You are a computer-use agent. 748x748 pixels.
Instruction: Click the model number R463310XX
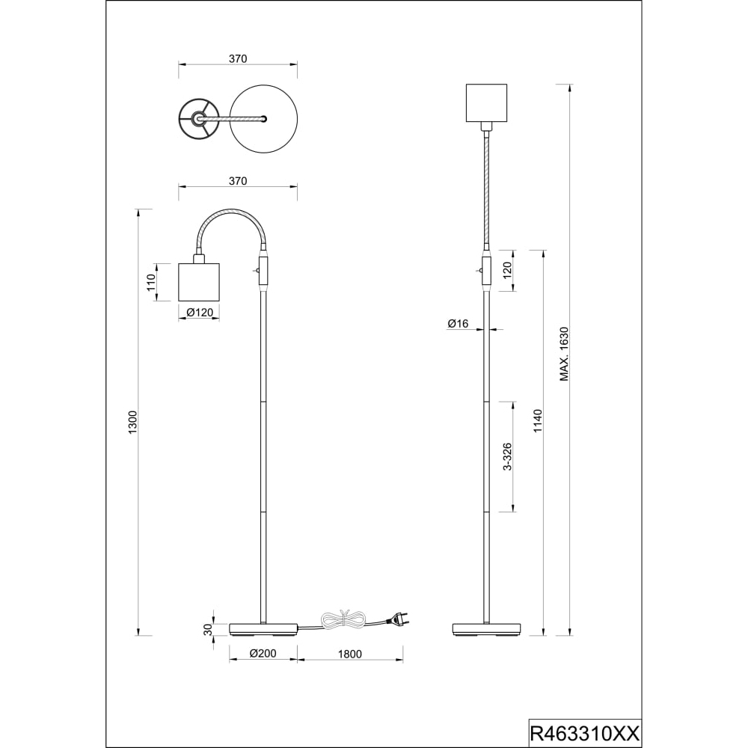(584, 732)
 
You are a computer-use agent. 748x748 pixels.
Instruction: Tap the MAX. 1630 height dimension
(564, 354)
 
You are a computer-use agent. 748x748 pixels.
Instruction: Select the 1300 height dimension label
(132, 422)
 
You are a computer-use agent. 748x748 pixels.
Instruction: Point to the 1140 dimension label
(538, 420)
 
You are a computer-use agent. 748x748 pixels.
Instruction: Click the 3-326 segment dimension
(508, 456)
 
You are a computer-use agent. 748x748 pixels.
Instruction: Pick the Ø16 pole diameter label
(458, 324)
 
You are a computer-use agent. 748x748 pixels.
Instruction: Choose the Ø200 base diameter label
(263, 654)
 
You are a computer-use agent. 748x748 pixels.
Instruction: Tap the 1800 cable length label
(350, 654)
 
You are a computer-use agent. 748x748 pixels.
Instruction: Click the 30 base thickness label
(207, 630)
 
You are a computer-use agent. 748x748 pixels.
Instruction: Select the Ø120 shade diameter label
(200, 313)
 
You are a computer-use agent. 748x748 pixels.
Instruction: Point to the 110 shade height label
(152, 283)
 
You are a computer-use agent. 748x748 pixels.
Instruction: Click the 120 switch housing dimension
(507, 271)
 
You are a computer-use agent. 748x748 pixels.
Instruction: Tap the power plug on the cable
(397, 619)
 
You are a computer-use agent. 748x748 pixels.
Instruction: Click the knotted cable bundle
(343, 619)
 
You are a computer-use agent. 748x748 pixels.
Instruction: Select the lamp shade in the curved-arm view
(200, 282)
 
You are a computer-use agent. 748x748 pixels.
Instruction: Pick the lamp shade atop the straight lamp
(486, 102)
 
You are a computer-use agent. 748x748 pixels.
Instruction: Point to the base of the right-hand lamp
(487, 629)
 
